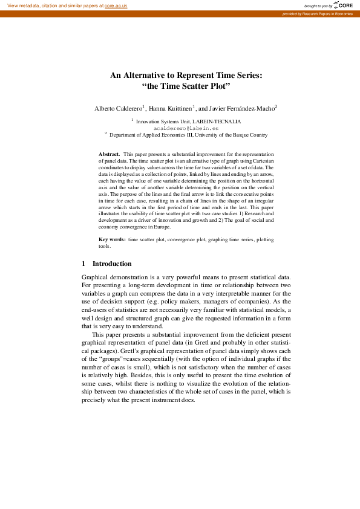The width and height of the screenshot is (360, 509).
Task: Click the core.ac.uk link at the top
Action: click(x=116, y=5)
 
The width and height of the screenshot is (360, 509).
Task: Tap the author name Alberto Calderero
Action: click(x=118, y=108)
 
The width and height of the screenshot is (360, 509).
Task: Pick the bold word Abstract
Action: click(x=109, y=155)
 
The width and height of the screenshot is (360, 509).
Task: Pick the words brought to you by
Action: click(x=318, y=5)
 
